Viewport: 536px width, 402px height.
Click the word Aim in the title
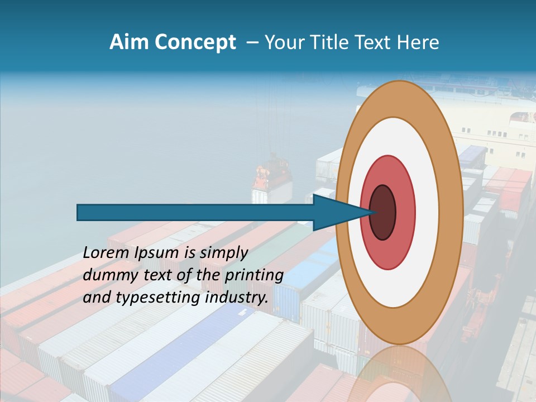click(127, 42)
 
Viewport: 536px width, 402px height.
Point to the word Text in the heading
click(374, 42)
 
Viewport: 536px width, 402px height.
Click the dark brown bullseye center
click(383, 212)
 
